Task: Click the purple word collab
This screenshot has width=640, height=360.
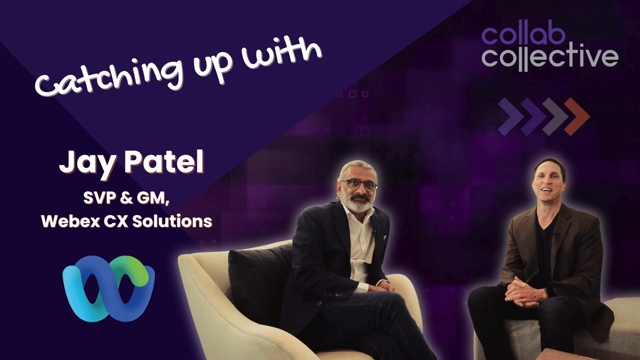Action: click(x=529, y=35)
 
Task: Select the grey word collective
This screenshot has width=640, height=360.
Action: click(x=549, y=57)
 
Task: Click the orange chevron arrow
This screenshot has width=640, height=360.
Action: click(x=578, y=116)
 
